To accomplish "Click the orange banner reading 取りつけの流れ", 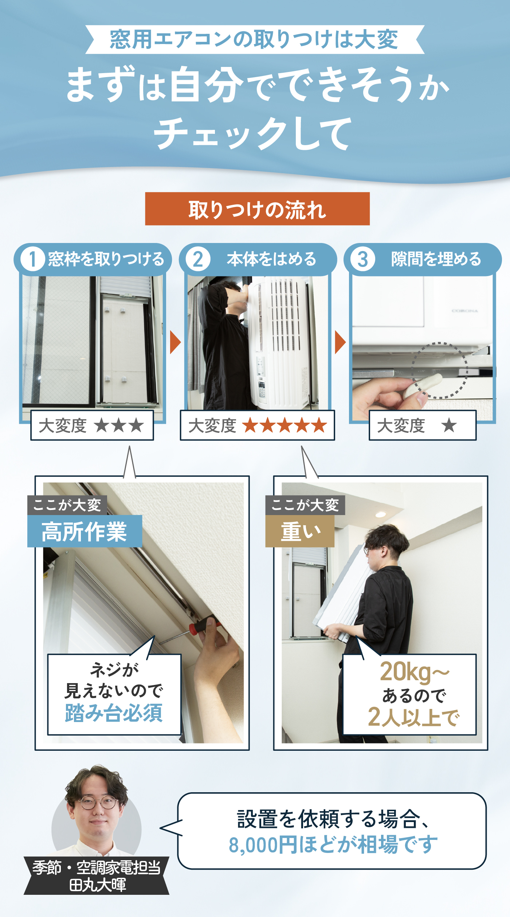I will [257, 209].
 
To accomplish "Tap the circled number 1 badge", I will [32, 259].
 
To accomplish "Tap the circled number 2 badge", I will [198, 259].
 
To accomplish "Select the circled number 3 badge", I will [362, 259].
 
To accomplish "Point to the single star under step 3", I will [449, 425].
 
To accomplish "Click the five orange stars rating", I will [285, 425].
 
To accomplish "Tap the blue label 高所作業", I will [84, 531].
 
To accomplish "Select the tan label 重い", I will [300, 531].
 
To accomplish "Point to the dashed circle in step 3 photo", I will [439, 370].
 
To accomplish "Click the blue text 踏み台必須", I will [114, 713].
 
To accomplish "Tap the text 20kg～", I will [414, 671].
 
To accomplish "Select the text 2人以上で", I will [413, 717].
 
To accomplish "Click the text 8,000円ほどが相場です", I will [333, 845].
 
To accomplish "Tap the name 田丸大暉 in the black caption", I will [98, 885].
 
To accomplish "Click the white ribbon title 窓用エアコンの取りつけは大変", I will [254, 40].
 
